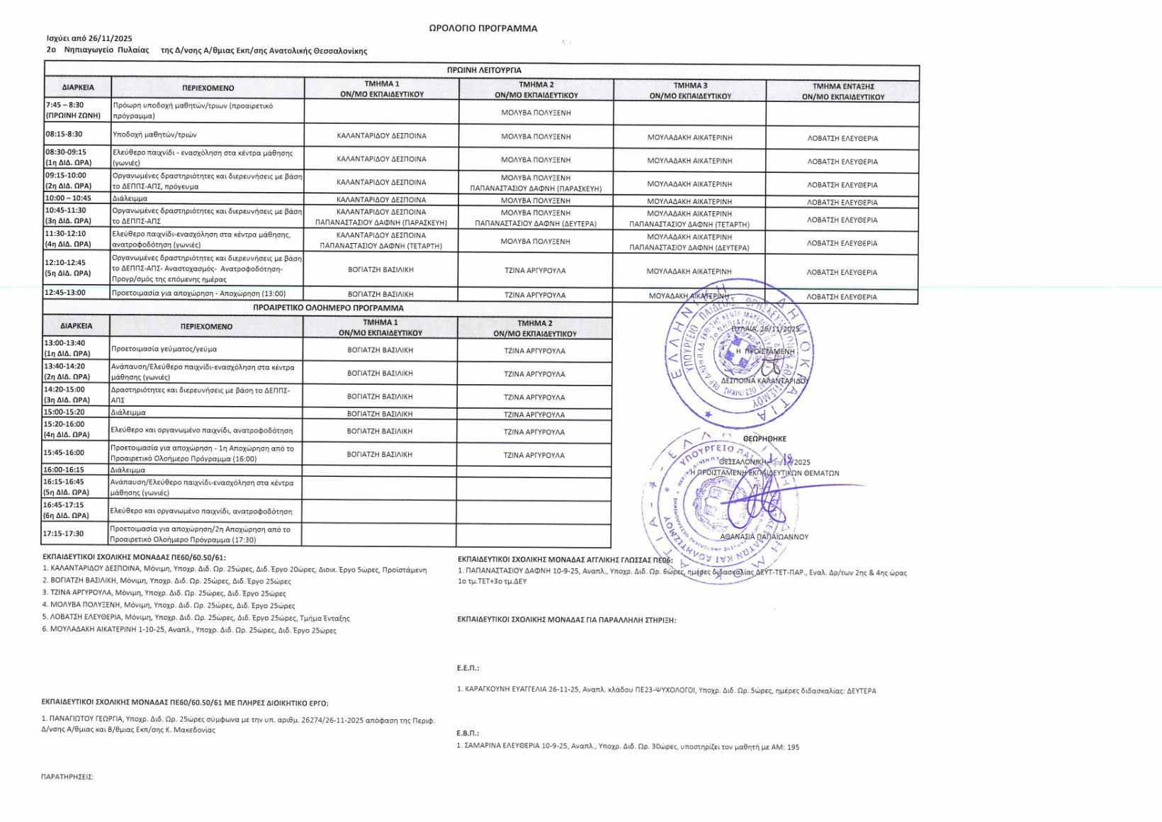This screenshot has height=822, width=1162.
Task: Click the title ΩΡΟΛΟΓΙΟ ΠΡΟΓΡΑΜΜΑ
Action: pos(483,28)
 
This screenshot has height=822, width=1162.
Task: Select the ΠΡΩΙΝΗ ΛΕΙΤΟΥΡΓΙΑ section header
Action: pos(484,70)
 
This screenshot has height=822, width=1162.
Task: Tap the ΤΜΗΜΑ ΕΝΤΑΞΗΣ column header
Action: pos(842,91)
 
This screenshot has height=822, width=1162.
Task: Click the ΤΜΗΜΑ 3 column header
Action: pos(689,90)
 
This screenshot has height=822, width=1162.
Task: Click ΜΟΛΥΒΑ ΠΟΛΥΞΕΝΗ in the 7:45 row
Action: pos(536,113)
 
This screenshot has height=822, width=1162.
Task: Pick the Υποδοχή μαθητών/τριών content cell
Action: pos(154,134)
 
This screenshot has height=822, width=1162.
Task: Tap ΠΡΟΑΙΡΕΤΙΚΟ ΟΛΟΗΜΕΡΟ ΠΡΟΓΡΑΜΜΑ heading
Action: pos(328,308)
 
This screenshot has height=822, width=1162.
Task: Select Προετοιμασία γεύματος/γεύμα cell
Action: pos(164,349)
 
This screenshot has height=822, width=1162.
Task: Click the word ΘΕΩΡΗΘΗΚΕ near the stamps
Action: pos(764,439)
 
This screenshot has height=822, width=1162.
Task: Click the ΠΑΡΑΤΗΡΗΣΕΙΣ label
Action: pos(67,777)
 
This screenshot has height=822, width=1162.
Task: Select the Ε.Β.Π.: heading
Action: pos(468,733)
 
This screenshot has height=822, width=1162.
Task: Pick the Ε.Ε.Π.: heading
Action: pos(468,668)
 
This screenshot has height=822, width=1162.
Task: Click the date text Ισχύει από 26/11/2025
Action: pos(89,38)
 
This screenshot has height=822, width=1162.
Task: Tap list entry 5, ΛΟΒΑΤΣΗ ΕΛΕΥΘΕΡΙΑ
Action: pos(196,617)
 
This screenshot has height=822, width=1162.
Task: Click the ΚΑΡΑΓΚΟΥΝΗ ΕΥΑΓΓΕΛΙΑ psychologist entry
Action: pos(666,690)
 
